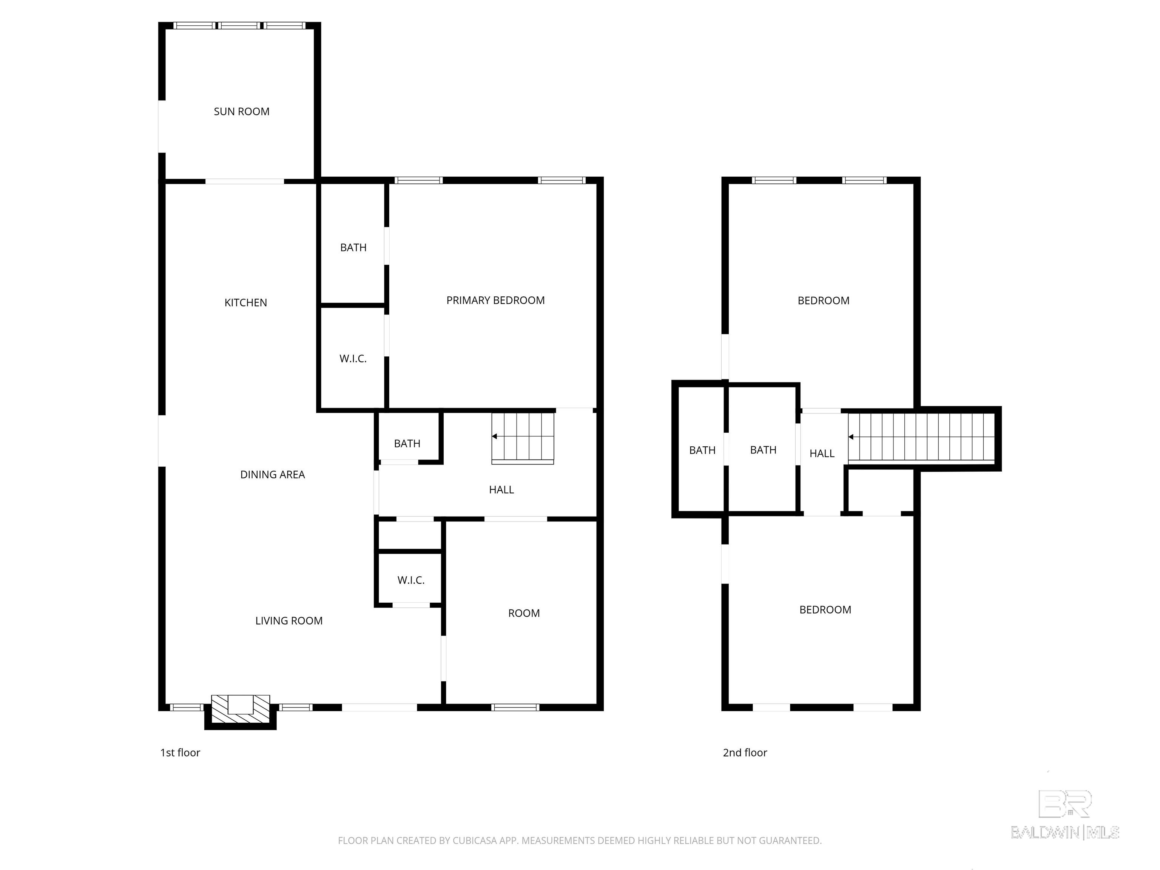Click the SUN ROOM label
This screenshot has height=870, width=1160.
tap(241, 112)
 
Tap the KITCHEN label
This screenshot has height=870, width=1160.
tap(245, 302)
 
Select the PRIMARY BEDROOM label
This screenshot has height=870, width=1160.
tap(495, 301)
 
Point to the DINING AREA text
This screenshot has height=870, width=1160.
tap(272, 475)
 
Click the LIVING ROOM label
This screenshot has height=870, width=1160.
tap(288, 621)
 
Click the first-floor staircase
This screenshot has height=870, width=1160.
tap(523, 438)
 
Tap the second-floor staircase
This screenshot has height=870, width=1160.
tap(921, 437)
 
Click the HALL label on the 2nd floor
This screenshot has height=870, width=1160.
tap(822, 454)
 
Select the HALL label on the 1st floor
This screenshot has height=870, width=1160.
tap(501, 490)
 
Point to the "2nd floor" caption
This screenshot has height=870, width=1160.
tap(745, 753)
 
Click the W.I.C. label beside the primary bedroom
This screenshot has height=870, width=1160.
tap(353, 359)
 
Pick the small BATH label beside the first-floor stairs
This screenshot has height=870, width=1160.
tap(407, 444)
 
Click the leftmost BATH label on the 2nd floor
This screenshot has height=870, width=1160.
tap(702, 450)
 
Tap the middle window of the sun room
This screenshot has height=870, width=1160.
tap(239, 25)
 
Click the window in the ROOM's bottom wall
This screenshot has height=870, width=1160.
tap(515, 707)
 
